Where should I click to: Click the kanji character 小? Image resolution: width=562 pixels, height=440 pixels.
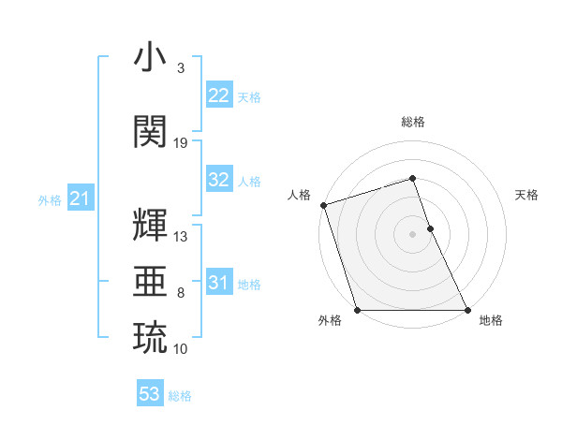click(x=150, y=58)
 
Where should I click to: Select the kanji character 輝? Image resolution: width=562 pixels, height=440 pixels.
click(x=150, y=225)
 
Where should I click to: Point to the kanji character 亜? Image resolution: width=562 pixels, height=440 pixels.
click(x=150, y=280)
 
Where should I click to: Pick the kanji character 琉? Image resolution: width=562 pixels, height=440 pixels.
click(x=150, y=337)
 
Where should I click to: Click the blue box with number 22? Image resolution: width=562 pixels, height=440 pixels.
click(x=218, y=95)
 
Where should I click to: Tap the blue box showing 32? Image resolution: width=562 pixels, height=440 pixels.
click(x=218, y=180)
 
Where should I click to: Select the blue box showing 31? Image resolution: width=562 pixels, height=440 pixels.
click(x=218, y=283)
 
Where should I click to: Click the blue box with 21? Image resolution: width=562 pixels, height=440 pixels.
click(x=80, y=198)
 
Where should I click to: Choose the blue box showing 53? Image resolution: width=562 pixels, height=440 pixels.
click(x=150, y=394)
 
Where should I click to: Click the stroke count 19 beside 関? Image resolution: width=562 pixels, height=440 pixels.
click(x=181, y=143)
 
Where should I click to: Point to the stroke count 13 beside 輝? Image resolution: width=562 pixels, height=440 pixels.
click(x=181, y=237)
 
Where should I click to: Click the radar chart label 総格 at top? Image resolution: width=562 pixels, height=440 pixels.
click(x=412, y=123)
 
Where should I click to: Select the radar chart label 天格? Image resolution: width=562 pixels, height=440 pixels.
click(x=527, y=195)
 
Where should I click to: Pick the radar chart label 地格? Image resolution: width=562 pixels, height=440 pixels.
click(x=491, y=320)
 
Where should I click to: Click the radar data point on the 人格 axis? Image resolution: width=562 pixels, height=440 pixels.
click(x=323, y=205)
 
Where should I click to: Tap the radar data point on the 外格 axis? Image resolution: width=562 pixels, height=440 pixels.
click(x=358, y=310)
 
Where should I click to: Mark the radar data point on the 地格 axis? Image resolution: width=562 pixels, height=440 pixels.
click(x=467, y=310)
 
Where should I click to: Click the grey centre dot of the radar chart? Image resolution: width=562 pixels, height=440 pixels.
click(x=412, y=234)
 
